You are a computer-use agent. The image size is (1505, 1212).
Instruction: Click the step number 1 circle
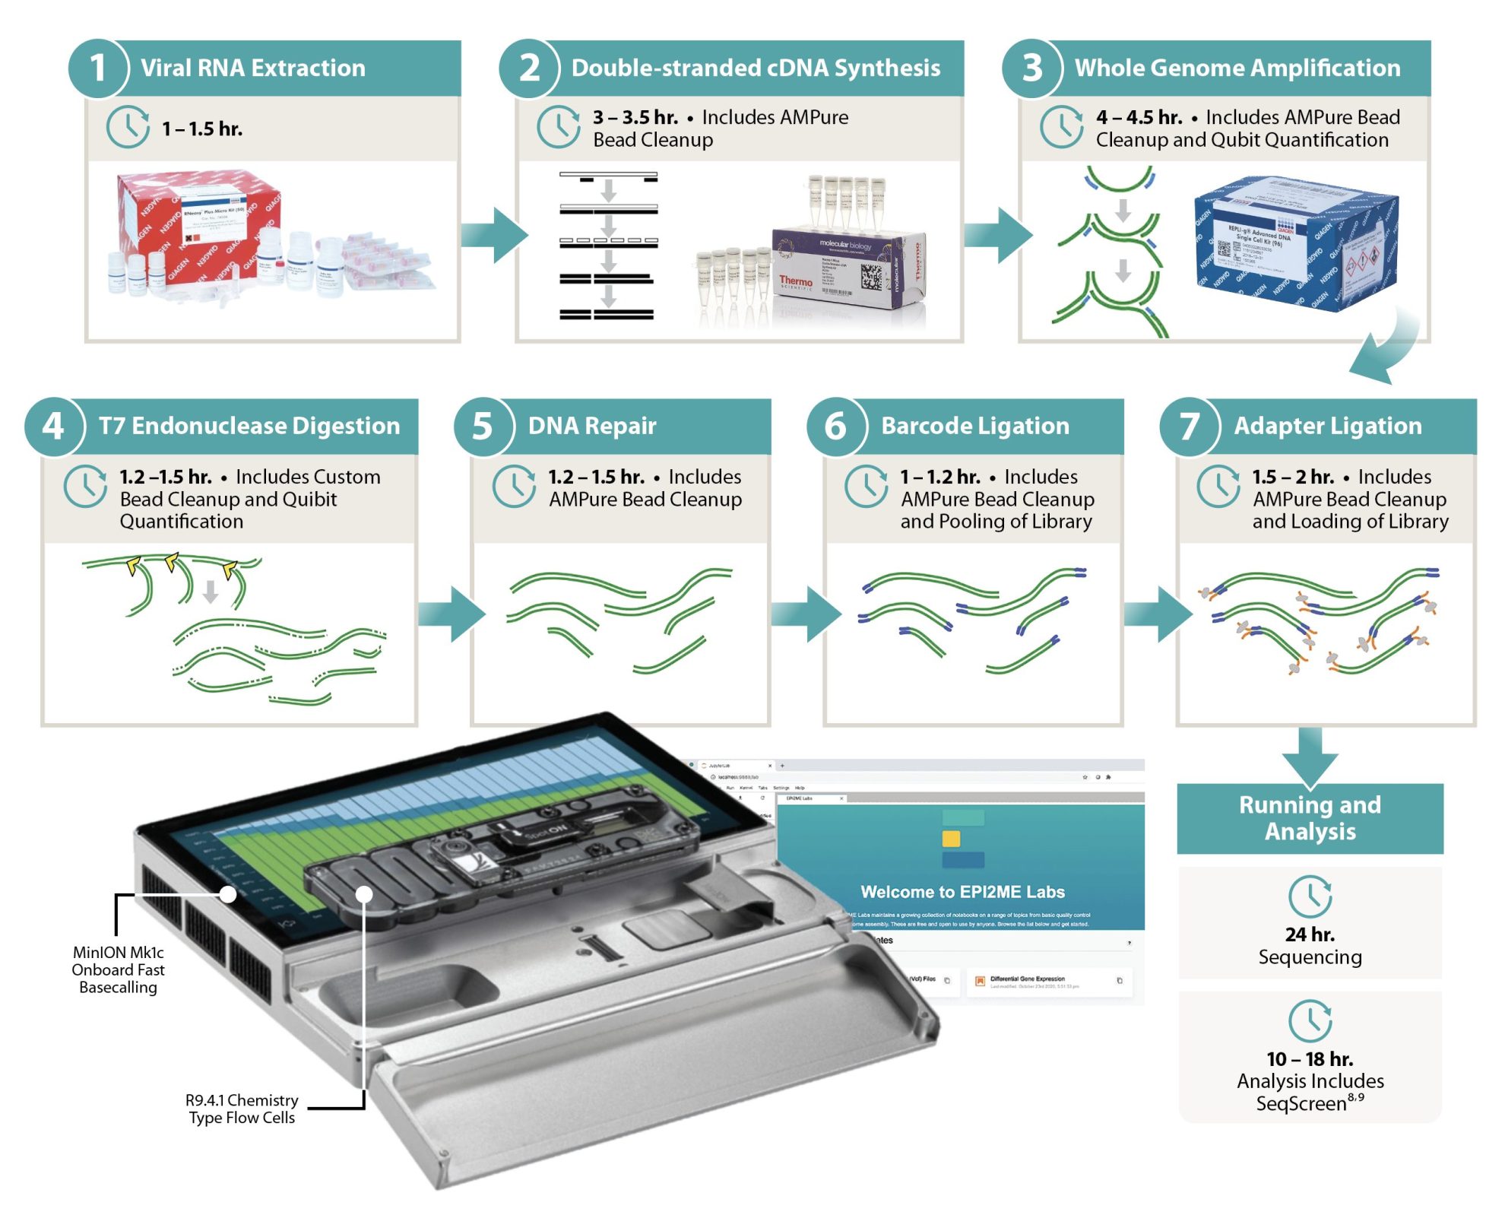pyautogui.click(x=98, y=68)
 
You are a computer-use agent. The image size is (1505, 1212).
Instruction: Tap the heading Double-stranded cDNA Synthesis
pyautogui.click(x=756, y=68)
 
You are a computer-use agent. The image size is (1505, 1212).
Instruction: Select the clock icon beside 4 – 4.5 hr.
pyautogui.click(x=1061, y=127)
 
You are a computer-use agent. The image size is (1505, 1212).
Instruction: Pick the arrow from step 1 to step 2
pyautogui.click(x=493, y=235)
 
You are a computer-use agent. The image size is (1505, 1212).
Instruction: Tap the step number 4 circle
pyautogui.click(x=53, y=427)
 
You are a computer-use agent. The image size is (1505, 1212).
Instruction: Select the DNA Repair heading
pyautogui.click(x=592, y=427)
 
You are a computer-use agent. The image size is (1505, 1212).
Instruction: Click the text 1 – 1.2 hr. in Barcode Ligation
pyautogui.click(x=940, y=478)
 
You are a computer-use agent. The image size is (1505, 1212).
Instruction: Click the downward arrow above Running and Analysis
pyautogui.click(x=1310, y=757)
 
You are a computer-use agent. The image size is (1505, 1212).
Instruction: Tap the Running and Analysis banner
pyautogui.click(x=1310, y=818)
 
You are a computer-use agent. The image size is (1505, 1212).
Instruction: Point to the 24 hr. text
pyautogui.click(x=1310, y=934)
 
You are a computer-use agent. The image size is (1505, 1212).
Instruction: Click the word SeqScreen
pyautogui.click(x=1301, y=1104)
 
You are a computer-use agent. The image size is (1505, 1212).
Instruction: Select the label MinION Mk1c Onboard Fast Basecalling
pyautogui.click(x=119, y=970)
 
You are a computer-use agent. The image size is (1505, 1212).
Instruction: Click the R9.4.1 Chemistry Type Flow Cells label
pyautogui.click(x=242, y=1109)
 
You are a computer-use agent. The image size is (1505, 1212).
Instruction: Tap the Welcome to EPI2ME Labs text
pyautogui.click(x=962, y=892)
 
